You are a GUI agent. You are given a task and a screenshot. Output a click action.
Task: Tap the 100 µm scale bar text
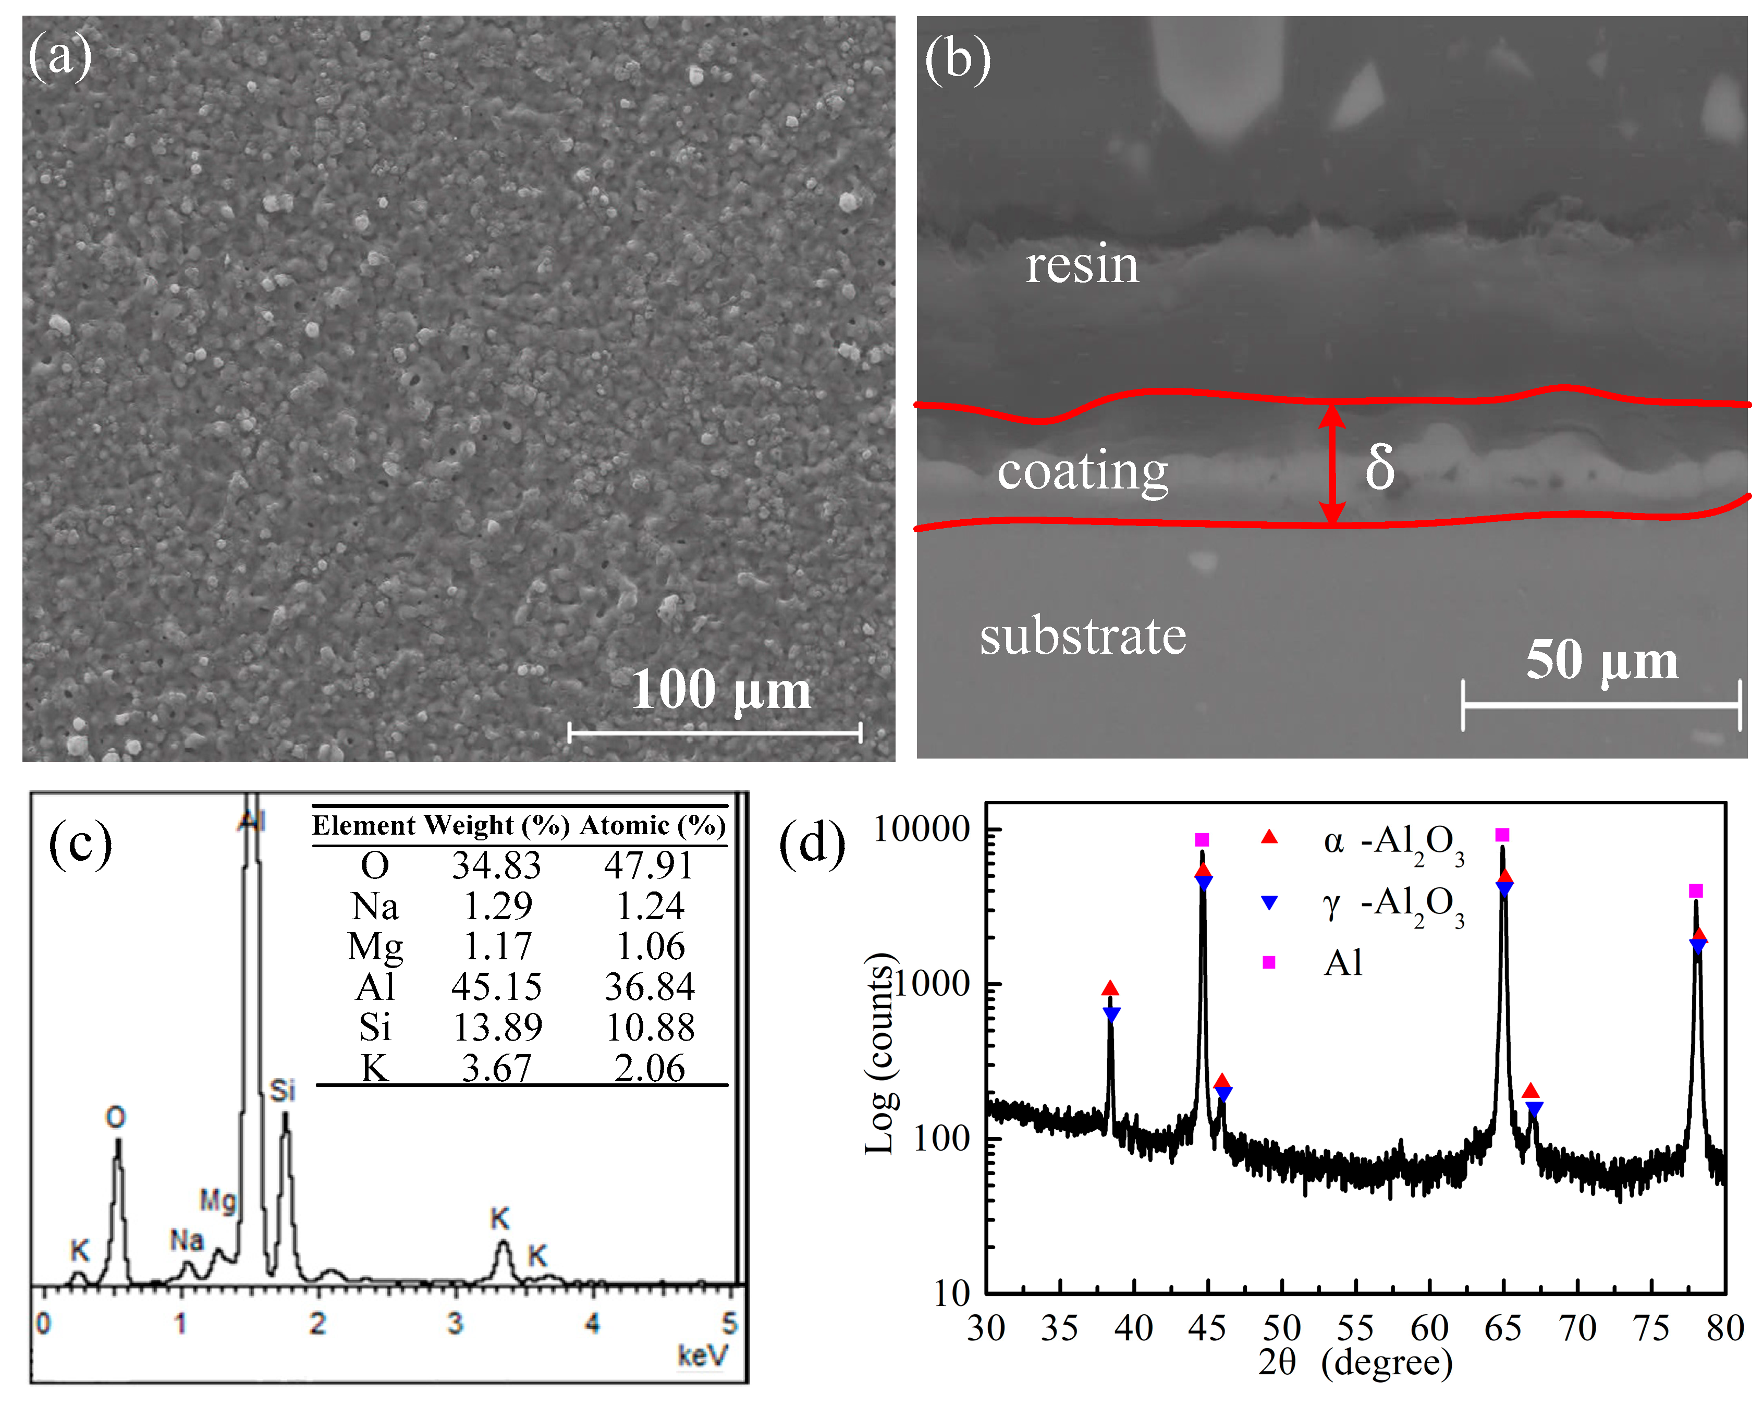point(720,689)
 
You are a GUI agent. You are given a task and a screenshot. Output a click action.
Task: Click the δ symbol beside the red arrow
point(1379,467)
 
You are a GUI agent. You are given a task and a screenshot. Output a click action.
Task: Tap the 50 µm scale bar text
point(1601,660)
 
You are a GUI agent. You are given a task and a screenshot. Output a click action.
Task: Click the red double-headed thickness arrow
point(1332,463)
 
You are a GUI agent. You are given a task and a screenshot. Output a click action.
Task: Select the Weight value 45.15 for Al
point(496,987)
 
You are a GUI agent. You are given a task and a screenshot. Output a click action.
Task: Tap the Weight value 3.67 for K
point(496,1068)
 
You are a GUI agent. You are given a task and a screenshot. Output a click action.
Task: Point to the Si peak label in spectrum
point(282,1090)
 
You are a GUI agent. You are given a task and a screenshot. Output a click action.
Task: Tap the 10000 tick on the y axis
point(921,829)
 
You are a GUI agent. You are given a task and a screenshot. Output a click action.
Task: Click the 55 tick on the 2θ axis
point(1355,1328)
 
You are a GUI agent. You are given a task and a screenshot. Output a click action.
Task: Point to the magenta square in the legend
point(1268,962)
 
